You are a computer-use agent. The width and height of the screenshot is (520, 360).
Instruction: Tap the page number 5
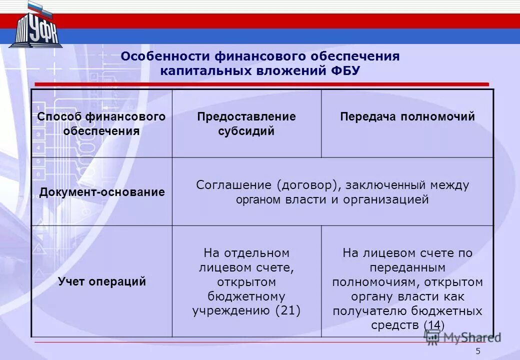click(x=478, y=351)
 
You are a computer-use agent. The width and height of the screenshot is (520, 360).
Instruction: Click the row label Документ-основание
click(x=102, y=192)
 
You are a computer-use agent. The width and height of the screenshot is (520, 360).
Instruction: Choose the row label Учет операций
click(x=102, y=281)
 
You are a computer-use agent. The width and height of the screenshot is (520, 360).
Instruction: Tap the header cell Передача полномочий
click(x=407, y=117)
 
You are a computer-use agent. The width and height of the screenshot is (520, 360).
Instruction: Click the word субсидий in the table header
click(x=246, y=131)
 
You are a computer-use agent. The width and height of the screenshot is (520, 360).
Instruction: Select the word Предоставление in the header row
click(x=246, y=117)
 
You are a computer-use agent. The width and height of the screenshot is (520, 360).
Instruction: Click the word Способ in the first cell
click(x=59, y=117)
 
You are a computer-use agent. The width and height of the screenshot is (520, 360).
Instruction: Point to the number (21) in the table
click(x=288, y=310)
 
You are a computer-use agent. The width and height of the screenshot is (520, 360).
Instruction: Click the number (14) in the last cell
click(x=434, y=325)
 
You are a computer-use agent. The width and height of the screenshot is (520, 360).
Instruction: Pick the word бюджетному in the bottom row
click(x=246, y=296)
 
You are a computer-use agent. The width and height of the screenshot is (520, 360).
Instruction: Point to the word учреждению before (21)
click(x=231, y=310)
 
